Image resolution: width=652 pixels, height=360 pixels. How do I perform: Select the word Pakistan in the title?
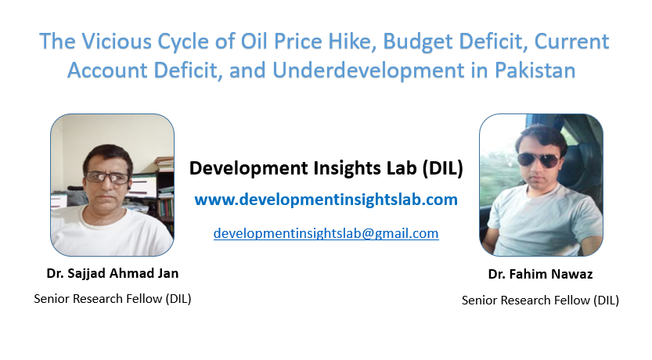pos(535,70)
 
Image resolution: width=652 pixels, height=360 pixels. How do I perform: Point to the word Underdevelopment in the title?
pos(369,70)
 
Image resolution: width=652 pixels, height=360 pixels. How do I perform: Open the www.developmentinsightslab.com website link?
pos(326,200)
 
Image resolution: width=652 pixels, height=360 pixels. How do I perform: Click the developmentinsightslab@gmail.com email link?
pos(326,233)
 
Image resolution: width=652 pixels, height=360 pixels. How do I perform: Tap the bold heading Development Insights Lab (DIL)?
pos(326,168)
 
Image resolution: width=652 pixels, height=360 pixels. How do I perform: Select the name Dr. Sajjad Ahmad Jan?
pos(113,274)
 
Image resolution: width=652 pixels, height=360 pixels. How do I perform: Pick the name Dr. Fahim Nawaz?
pos(541,275)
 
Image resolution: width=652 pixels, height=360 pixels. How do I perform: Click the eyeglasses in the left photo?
pos(107,178)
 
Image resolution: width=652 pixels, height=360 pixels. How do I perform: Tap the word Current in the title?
pos(571,41)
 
